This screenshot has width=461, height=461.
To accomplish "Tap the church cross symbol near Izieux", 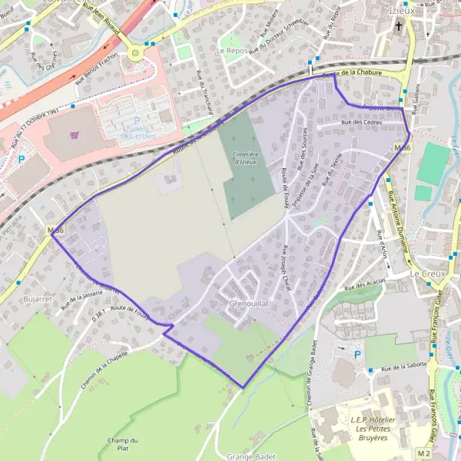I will [398, 28].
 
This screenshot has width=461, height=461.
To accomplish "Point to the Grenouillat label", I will [248, 304].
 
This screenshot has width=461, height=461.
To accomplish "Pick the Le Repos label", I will [230, 50].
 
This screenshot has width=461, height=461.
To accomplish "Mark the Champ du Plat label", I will [123, 443].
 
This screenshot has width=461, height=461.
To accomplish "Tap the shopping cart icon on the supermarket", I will [75, 136].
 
